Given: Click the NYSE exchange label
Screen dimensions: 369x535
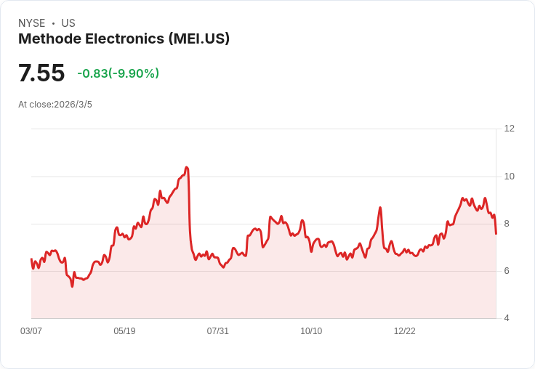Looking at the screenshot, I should coord(31,23).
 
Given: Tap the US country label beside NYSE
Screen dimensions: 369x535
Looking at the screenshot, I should coord(68,23).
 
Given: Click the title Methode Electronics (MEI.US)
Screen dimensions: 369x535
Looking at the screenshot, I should coord(124,39).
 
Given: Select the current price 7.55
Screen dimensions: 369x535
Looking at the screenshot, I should coord(41,73).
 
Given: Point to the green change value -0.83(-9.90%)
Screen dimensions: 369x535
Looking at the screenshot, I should coord(118,73).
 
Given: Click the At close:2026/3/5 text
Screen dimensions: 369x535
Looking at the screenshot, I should coord(55,105).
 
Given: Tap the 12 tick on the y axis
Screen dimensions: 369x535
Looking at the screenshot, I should coord(509,129).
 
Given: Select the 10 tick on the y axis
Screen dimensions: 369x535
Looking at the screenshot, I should coord(509,177).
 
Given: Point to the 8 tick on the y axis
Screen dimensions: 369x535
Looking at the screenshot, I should coord(507,224).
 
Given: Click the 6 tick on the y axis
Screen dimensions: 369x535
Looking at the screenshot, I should coord(507,271).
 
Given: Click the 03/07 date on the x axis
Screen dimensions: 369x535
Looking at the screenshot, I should coord(31,331).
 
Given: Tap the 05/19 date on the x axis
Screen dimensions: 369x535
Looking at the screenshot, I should coord(124,331).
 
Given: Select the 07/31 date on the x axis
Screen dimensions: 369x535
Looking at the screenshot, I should coord(217,331).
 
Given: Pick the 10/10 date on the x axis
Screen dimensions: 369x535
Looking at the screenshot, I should coord(311,331).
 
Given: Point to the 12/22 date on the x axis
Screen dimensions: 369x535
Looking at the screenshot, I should coord(404,331).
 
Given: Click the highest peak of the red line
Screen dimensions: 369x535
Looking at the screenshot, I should coord(187,168).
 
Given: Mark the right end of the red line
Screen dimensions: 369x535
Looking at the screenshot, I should coord(496,233).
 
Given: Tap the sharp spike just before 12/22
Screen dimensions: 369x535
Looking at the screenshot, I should coord(380,208).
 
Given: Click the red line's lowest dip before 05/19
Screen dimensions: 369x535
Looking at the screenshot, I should coord(72,286).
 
